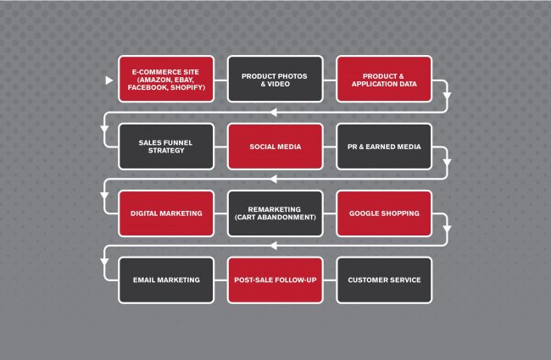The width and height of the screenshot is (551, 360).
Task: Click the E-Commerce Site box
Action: (166, 79)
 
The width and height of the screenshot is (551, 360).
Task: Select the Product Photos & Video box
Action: (275, 79)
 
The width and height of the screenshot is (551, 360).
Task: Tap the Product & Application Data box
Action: (384, 79)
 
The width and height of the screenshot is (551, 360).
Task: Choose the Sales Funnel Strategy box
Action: (166, 147)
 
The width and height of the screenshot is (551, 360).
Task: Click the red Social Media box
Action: (275, 147)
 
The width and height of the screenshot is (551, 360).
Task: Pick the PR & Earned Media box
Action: (384, 147)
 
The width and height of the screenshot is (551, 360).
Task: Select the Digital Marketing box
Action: (166, 213)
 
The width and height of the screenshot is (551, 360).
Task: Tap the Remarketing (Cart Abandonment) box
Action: (275, 213)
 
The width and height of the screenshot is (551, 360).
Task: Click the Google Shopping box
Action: (384, 213)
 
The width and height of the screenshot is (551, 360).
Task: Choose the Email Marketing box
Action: (166, 280)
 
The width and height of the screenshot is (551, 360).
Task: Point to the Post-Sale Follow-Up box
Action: (275, 280)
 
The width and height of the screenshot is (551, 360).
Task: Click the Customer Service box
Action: (384, 280)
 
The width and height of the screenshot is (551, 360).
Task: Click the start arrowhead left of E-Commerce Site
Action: (109, 80)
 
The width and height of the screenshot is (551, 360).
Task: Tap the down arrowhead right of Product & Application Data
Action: (447, 97)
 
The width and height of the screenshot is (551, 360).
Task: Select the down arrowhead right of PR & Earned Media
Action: (447, 163)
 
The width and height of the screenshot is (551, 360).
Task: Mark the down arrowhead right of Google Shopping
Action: (447, 230)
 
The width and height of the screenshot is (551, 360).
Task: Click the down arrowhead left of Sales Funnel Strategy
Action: (104, 129)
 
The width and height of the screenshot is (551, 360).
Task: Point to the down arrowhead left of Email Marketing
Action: (104, 262)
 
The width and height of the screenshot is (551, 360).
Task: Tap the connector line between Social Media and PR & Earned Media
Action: (330, 147)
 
